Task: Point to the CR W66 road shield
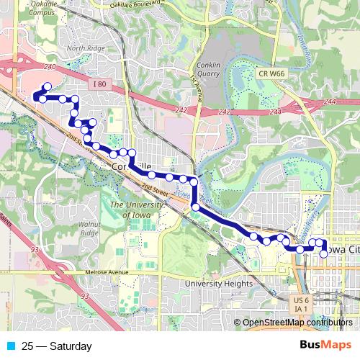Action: coord(270,73)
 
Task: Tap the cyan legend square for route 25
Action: coord(10,346)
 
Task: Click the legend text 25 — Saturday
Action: coord(57,346)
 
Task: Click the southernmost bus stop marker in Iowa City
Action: coord(323,254)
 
